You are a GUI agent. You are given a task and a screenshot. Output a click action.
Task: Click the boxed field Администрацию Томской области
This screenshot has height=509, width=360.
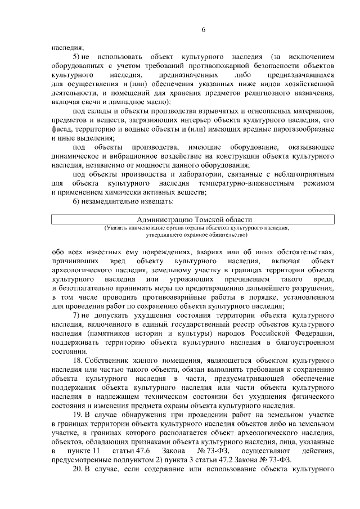[x=195, y=219]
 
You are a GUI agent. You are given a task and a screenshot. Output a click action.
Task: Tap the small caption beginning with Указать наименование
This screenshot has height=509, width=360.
[x=195, y=231]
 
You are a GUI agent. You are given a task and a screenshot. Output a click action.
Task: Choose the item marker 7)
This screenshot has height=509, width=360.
[x=76, y=316]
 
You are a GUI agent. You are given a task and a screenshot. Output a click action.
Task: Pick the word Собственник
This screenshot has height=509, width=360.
[x=109, y=361]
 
